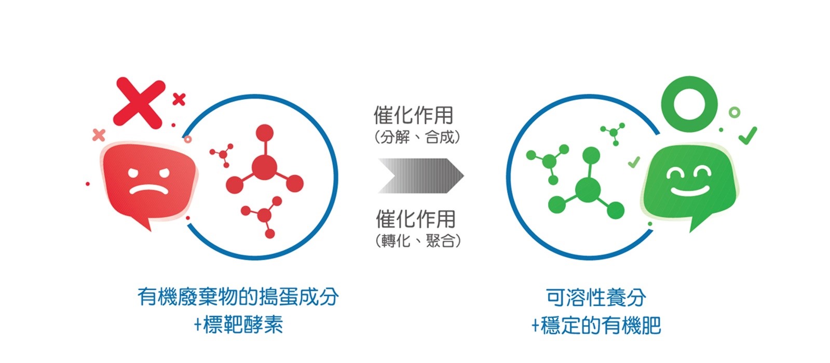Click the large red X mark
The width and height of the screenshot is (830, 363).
pos(139,103)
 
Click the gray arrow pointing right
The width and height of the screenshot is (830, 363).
pos(421,176)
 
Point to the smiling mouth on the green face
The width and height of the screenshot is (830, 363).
pos(690,191)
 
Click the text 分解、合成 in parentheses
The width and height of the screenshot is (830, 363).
pos(417,137)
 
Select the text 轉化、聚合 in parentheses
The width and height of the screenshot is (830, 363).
pos(417,241)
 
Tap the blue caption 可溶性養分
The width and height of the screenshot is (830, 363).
pos(596,298)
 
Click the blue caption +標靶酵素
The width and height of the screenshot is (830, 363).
pos(239,325)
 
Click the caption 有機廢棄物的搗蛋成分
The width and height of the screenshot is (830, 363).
pos(238,297)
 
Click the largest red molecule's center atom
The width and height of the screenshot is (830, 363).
pos(264,167)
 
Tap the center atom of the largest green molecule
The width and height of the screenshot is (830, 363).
pos(588,190)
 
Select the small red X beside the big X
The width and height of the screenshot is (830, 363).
pos(179,99)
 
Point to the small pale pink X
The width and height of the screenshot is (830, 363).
pos(99,135)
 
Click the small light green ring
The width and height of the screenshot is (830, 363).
pos(734,112)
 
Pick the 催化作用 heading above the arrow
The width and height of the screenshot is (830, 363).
pos(414,115)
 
